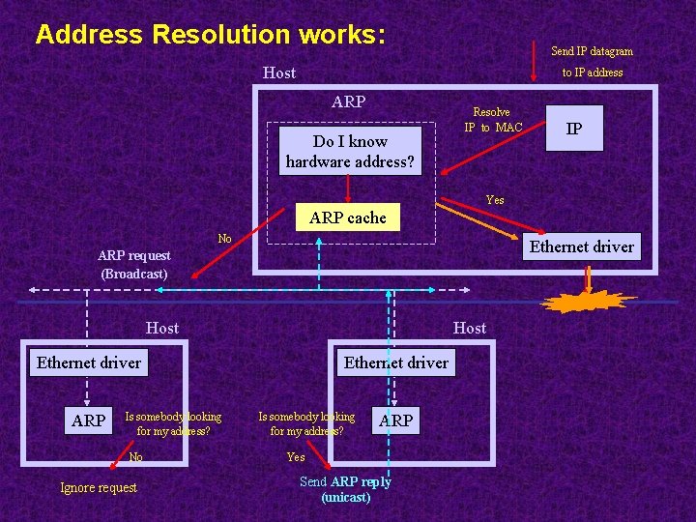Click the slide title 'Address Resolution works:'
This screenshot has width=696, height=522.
coord(211,35)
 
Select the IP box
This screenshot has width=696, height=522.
coord(573,129)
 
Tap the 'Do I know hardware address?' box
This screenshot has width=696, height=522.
coord(349,151)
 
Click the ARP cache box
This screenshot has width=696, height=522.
coord(347,217)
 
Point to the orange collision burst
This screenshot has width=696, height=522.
coord(587,300)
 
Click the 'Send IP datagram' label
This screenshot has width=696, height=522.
coord(592,51)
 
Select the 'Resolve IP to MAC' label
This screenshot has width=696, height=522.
coord(492,120)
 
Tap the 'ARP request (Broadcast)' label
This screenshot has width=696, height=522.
coord(134,264)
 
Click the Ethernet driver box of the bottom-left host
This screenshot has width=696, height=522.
coord(88,362)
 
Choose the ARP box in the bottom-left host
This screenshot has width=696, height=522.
coord(88,420)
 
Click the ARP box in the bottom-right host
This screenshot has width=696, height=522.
coord(395,420)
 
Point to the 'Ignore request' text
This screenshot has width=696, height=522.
coord(99,487)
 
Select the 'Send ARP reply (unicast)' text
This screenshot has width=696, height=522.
coord(345,489)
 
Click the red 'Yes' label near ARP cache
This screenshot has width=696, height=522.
coord(495,200)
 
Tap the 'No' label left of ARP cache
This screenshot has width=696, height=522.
coord(224,239)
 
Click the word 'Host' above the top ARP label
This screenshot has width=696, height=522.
coord(279,72)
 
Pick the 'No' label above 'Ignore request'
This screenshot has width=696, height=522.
coord(135,457)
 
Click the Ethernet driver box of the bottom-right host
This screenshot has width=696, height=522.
coord(395,362)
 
